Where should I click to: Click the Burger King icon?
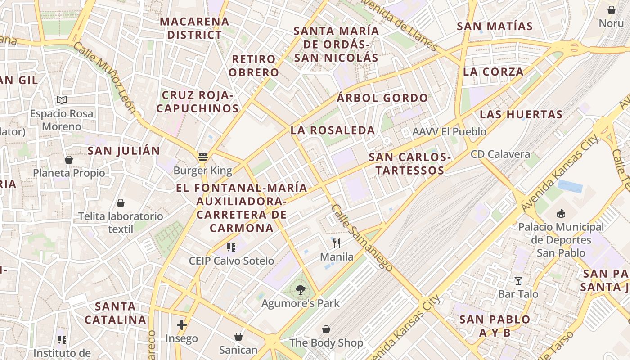click(203, 157)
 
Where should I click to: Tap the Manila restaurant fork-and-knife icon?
click(337, 243)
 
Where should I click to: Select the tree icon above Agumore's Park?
click(300, 290)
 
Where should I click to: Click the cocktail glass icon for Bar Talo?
click(518, 281)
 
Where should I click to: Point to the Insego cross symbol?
click(181, 324)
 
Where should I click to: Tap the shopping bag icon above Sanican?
click(238, 337)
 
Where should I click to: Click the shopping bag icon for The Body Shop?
click(326, 330)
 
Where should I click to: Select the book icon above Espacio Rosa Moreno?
click(62, 100)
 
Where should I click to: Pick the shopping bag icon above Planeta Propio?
click(69, 159)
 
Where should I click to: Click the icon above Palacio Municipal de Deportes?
click(561, 213)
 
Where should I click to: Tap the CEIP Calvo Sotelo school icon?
click(231, 247)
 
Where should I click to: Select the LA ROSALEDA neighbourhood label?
click(333, 130)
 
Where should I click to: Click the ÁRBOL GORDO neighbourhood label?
click(382, 98)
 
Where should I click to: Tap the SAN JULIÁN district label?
click(124, 151)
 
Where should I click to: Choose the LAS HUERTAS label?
click(521, 114)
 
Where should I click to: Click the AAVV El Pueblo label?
click(449, 132)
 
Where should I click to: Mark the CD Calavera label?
click(500, 154)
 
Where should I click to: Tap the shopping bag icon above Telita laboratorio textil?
click(120, 203)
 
